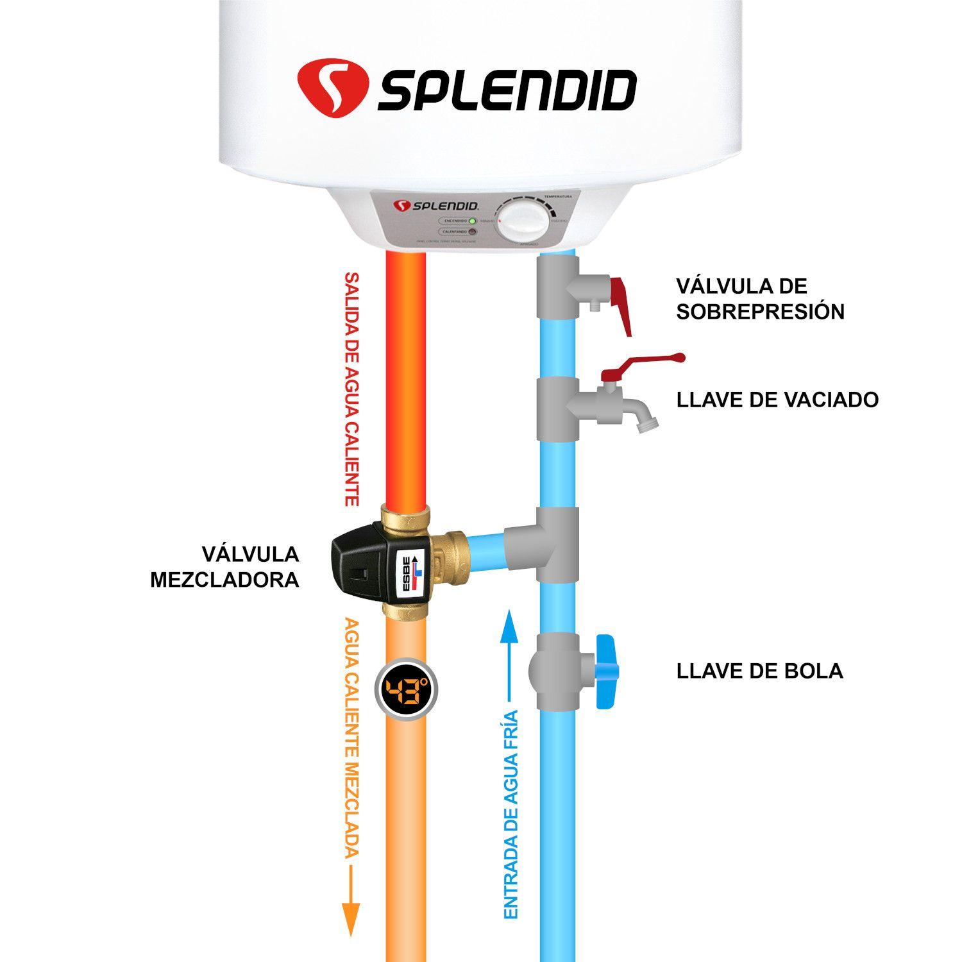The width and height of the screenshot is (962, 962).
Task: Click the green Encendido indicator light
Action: click(x=472, y=220)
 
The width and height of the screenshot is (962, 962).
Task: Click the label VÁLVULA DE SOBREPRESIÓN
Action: click(x=760, y=298)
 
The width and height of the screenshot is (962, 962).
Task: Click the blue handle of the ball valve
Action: click(x=605, y=671)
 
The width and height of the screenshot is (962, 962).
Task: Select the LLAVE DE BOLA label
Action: click(x=759, y=671)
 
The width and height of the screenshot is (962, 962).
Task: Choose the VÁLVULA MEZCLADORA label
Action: click(x=225, y=567)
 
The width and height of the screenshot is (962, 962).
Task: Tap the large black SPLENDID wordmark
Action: click(x=507, y=90)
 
